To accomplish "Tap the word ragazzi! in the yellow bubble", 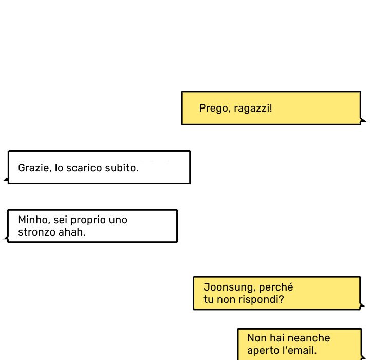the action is tap(253, 109).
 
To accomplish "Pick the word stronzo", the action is tap(37, 232).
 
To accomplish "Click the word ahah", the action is tap(72, 232).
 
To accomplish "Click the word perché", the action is tap(276, 287).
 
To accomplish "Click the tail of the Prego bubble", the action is tap(363, 120).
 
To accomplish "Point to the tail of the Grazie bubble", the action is tap(6, 180).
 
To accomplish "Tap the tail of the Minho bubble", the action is tap(6, 239).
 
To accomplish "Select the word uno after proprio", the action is tap(118, 220).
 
